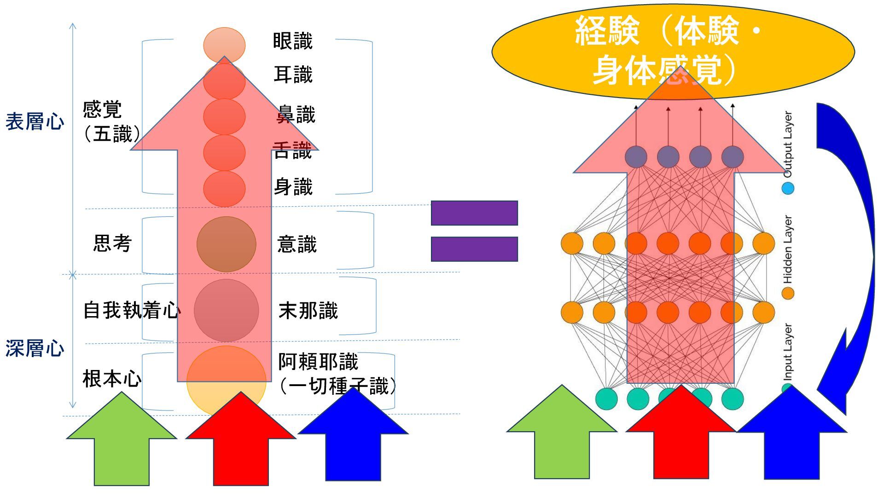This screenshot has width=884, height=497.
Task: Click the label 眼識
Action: coord(293,41)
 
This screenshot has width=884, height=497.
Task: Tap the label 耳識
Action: coord(293,75)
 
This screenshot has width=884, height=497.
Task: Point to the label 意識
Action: coord(297,244)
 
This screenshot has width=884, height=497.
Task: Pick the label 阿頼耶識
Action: coord(318,362)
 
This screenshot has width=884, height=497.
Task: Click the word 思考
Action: coord(112,243)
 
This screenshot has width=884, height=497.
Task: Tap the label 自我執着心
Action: coord(132,310)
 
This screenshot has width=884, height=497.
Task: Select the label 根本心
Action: coord(112,379)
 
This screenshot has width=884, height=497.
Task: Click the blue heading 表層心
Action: coord(35,122)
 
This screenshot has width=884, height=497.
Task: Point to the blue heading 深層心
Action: coord(35,349)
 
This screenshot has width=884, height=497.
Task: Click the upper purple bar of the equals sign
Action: coord(474,213)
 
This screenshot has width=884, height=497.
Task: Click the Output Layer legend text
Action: coord(788,144)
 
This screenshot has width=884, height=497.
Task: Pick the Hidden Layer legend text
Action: coord(788,249)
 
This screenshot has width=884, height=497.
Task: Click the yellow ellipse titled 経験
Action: coord(672,51)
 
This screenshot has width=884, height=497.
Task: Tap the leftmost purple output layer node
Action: coord(636,157)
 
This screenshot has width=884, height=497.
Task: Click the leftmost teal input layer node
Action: coord(606,399)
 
